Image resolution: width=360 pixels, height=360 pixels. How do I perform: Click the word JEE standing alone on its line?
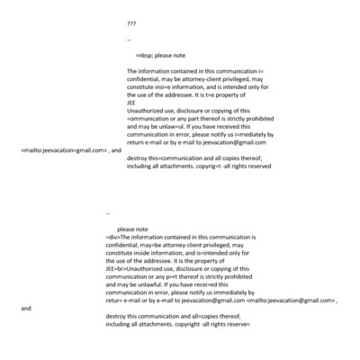point(132,101)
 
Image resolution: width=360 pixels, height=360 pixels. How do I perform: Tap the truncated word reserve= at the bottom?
point(232,324)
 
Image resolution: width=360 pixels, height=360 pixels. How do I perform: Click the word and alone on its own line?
point(25,308)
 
